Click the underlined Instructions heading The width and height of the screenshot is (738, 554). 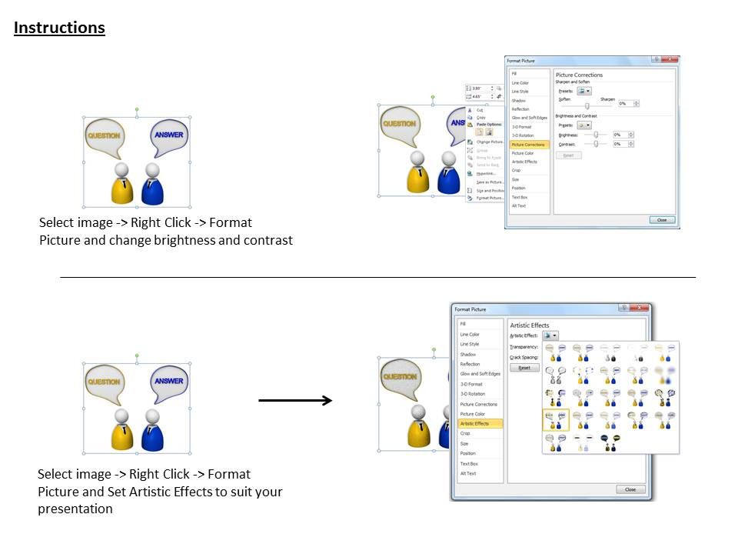(59, 28)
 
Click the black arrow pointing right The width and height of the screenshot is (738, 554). (295, 400)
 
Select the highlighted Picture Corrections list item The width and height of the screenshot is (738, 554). (528, 145)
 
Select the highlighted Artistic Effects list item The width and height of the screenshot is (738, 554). (475, 424)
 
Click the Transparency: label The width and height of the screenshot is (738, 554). (524, 347)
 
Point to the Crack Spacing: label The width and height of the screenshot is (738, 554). (524, 357)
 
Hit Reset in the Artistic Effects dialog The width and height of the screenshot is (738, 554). (524, 368)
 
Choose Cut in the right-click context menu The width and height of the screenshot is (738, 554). (480, 110)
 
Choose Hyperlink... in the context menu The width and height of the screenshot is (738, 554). (486, 173)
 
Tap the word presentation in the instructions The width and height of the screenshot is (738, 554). (75, 509)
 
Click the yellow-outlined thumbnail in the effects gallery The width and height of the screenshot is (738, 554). (554, 419)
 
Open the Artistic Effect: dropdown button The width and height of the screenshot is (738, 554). (550, 335)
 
